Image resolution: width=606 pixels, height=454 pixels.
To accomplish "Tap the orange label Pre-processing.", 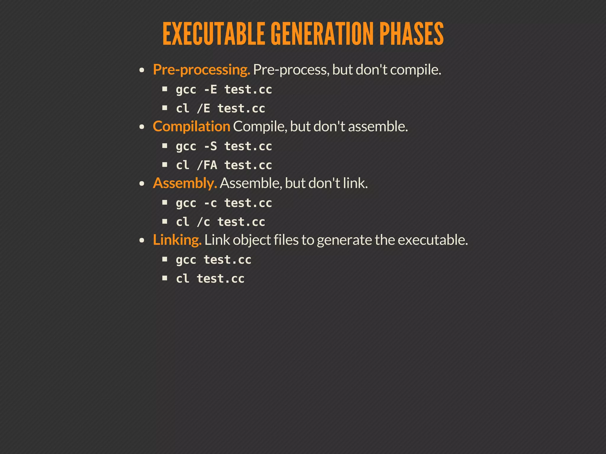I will [202, 70].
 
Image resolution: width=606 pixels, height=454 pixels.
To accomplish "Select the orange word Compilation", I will [191, 127].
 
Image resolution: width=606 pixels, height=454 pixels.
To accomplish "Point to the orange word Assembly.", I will [185, 183].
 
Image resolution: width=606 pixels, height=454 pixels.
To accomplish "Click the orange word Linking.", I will [177, 240].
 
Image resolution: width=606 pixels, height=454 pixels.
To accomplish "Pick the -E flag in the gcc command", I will [210, 90].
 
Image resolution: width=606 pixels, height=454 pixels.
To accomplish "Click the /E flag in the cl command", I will [204, 108].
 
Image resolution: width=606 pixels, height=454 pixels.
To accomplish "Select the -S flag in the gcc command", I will [210, 146].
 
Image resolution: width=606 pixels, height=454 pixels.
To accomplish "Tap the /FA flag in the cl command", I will [207, 165].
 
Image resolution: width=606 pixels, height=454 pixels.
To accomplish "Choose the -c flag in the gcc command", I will [210, 203].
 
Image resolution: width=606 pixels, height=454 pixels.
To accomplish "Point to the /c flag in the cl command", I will [204, 222].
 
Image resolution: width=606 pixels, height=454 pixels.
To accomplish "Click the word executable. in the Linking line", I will [433, 240].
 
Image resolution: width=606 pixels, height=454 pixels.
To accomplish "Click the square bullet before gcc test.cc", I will [165, 259].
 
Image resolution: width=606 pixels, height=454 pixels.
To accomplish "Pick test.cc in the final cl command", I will [221, 279].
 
